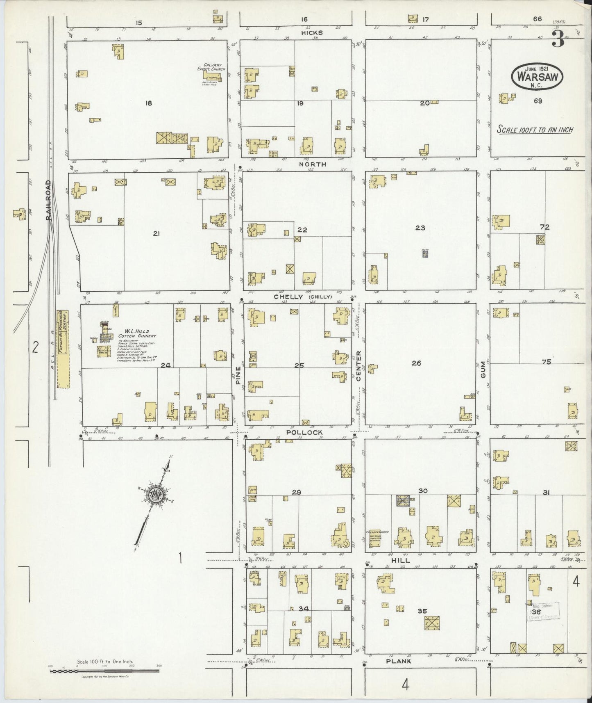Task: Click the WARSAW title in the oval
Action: (537, 77)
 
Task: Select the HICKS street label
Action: (312, 33)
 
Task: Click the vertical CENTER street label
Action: (358, 366)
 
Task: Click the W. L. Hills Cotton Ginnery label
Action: (137, 333)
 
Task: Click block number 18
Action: (148, 103)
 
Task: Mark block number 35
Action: (422, 611)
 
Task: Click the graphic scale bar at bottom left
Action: (104, 671)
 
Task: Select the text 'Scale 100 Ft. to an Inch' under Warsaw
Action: (535, 130)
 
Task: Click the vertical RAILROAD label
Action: (48, 200)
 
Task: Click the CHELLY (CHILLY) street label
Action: (302, 297)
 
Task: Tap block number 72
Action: (544, 227)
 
